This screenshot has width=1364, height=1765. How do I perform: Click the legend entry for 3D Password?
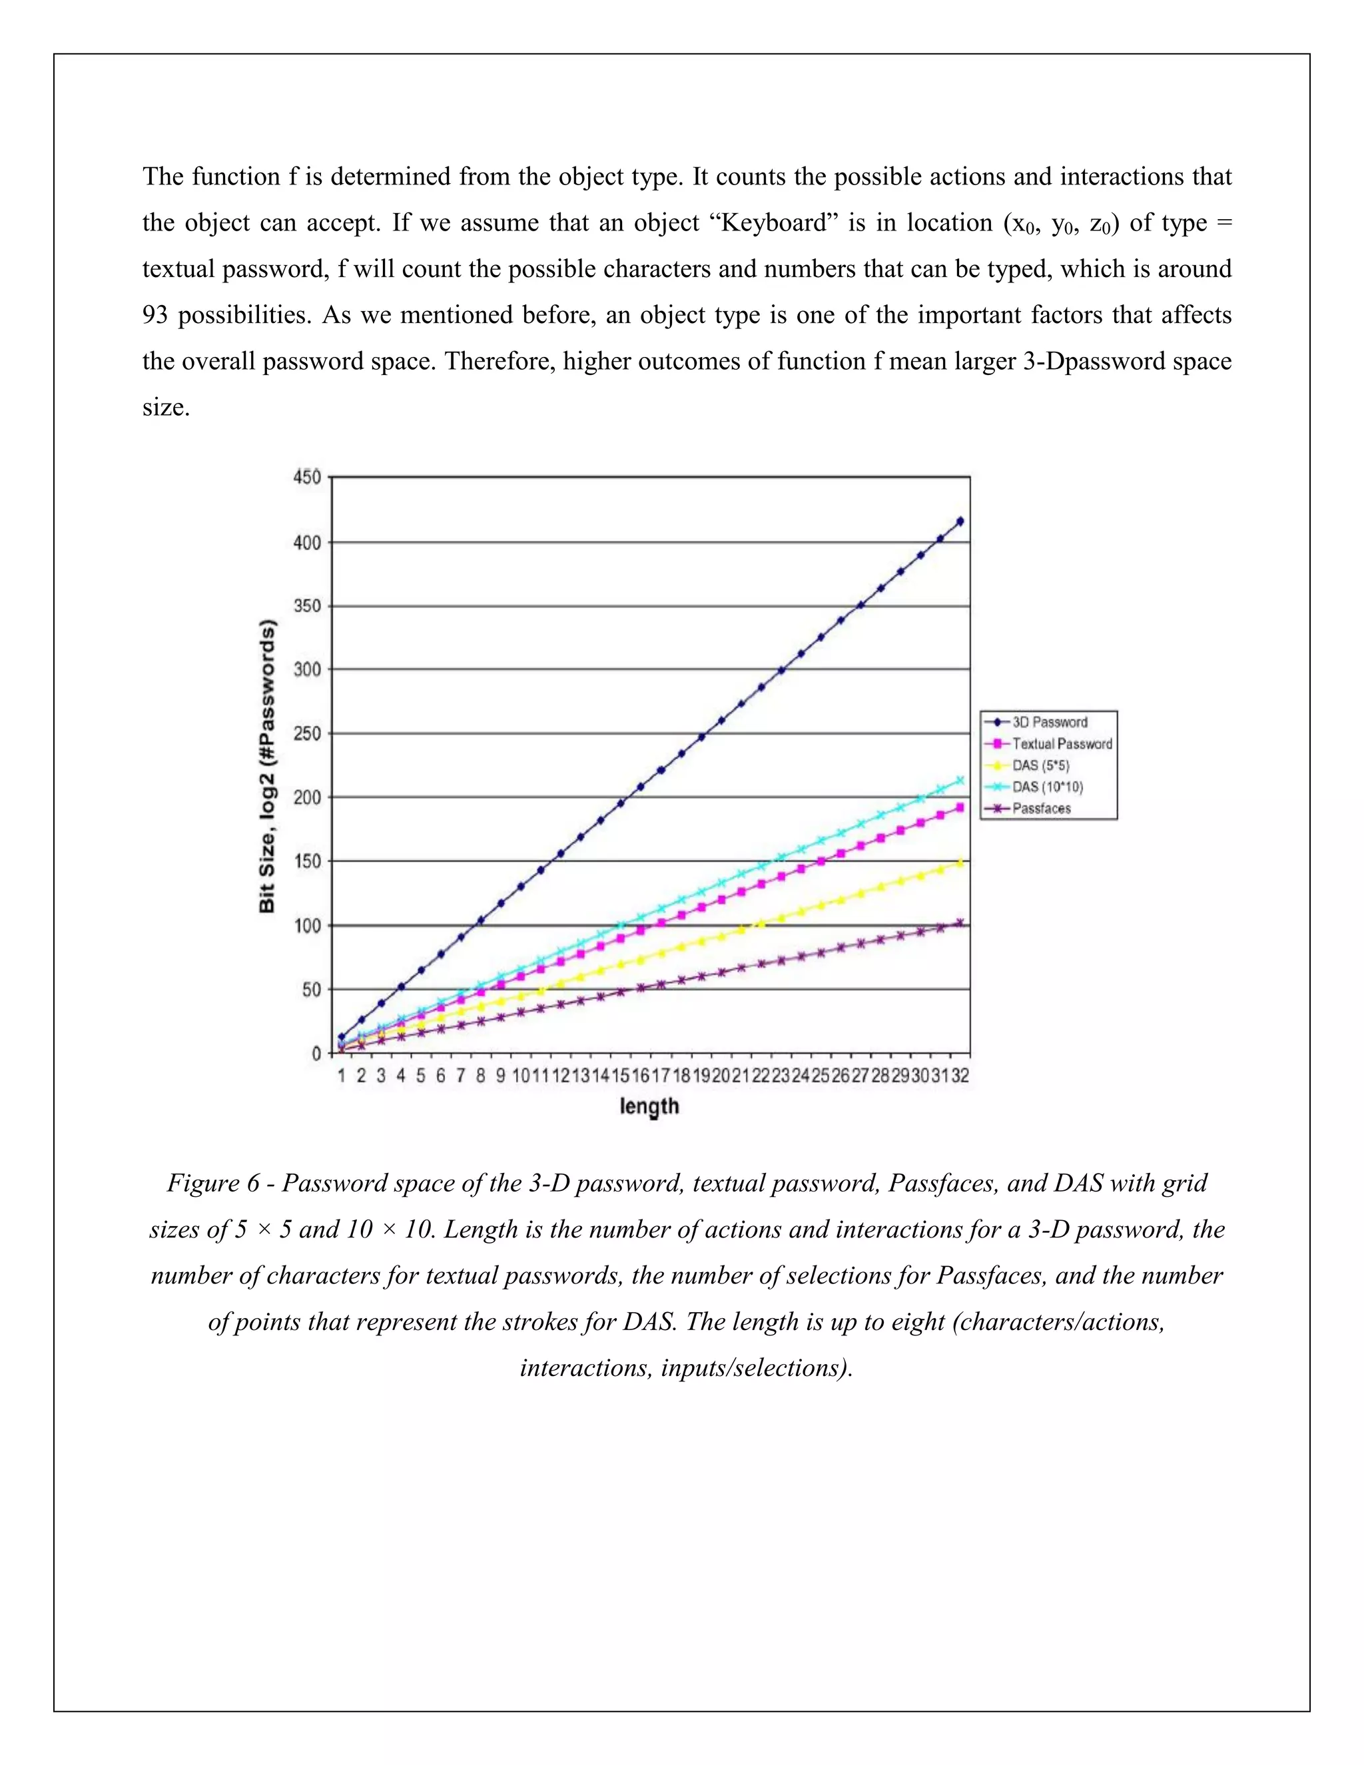click(x=1049, y=722)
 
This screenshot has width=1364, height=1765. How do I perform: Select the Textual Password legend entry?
click(x=1061, y=743)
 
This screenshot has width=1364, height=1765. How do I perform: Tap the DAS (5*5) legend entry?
click(x=1040, y=765)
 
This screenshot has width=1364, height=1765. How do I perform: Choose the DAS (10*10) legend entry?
click(x=1046, y=787)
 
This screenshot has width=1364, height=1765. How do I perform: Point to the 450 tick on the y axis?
click(x=307, y=477)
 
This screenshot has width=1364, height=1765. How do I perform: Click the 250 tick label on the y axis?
click(x=307, y=734)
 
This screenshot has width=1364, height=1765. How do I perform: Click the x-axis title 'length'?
click(x=649, y=1106)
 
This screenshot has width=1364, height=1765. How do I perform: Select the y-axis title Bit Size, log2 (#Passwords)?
click(x=268, y=766)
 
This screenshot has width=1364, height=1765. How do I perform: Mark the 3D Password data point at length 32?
click(x=960, y=522)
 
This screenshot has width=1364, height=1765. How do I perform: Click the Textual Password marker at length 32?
click(x=960, y=807)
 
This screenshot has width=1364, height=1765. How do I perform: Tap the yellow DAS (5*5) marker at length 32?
click(x=960, y=863)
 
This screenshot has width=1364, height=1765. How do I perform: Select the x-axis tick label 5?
click(x=420, y=1076)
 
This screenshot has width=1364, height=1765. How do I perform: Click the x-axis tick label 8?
click(x=480, y=1076)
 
